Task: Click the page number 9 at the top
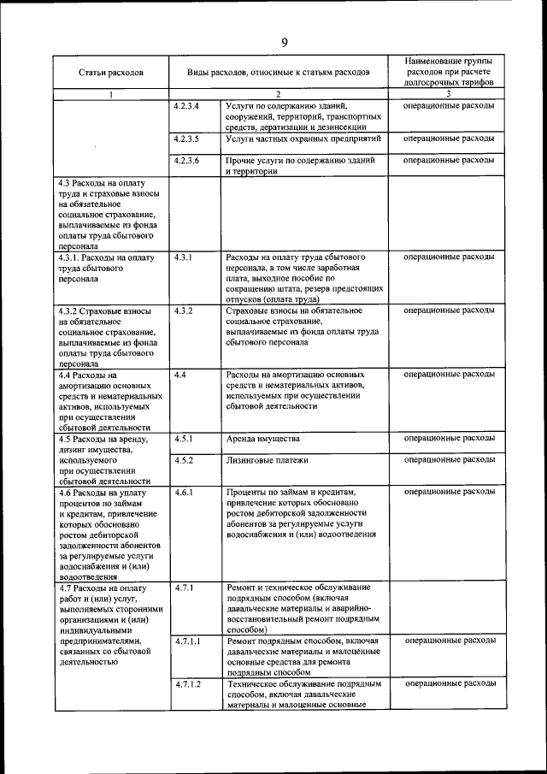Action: pyautogui.click(x=284, y=41)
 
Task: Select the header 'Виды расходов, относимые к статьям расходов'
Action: pyautogui.click(x=279, y=74)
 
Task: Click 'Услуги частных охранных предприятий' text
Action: pyautogui.click(x=303, y=138)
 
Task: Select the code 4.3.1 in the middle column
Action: pyautogui.click(x=183, y=257)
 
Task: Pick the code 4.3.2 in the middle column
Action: pyautogui.click(x=183, y=310)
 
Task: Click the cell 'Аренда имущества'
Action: pyautogui.click(x=263, y=438)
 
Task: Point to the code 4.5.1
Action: pyautogui.click(x=183, y=438)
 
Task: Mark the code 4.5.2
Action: pyautogui.click(x=183, y=460)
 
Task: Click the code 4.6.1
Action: pyautogui.click(x=183, y=492)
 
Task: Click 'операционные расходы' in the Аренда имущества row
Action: pyautogui.click(x=449, y=438)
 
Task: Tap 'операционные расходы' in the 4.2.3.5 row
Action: pyautogui.click(x=449, y=138)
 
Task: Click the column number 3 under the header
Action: pyautogui.click(x=449, y=93)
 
